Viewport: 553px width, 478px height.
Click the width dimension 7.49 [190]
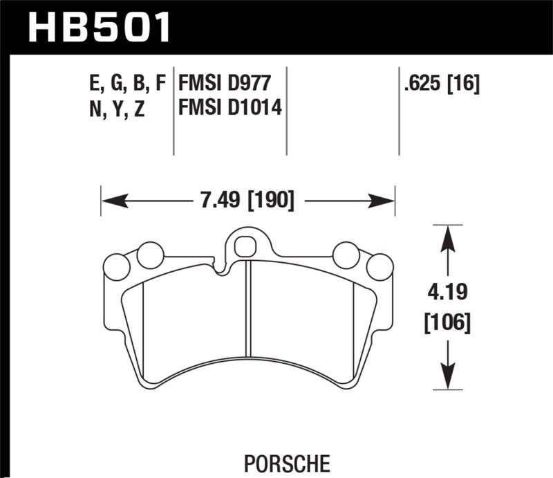(x=247, y=201)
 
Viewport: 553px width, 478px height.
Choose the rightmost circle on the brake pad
(x=379, y=267)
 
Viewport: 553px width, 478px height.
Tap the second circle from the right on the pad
(x=345, y=255)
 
